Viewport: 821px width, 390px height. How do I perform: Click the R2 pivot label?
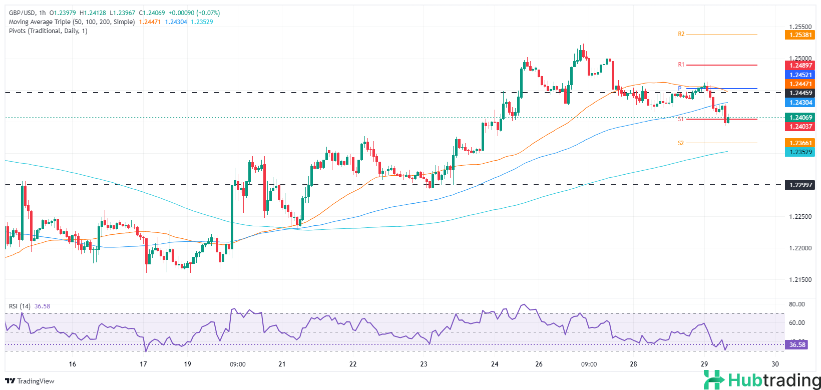point(681,35)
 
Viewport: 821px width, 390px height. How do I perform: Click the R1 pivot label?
point(681,65)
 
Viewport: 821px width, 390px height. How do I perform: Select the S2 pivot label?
point(681,143)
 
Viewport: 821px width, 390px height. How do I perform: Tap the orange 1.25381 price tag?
point(800,35)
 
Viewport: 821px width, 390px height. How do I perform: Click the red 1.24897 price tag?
point(800,66)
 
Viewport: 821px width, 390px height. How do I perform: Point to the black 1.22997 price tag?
point(800,185)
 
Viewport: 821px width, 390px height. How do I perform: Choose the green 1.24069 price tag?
point(800,118)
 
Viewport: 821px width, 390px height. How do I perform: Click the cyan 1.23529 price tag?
point(800,152)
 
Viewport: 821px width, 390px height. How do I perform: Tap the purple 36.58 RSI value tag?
point(797,345)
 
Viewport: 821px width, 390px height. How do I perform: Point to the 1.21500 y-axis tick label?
point(800,280)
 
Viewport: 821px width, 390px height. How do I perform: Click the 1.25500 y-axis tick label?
point(800,27)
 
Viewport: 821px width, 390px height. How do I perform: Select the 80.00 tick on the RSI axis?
point(797,304)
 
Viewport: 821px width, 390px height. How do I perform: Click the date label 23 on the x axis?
point(424,364)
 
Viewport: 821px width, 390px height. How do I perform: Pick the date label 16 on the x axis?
point(73,364)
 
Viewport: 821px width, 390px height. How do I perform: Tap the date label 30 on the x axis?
point(775,364)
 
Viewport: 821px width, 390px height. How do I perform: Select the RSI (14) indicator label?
point(20,306)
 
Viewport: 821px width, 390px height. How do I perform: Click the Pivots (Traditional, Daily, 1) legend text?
point(48,31)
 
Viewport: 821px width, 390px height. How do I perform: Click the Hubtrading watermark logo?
point(761,380)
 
